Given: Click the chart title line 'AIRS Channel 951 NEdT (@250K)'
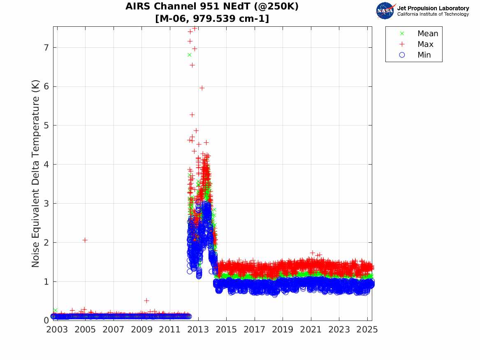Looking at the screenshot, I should click(x=212, y=7).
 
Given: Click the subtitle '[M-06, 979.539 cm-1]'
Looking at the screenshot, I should click(x=212, y=19).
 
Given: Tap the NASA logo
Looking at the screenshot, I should click(x=385, y=10).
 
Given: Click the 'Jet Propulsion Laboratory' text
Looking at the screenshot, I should click(x=433, y=8).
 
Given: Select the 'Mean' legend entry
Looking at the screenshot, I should click(x=428, y=34).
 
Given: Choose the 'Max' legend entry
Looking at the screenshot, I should click(x=425, y=44).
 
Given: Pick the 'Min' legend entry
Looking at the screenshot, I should click(x=424, y=55).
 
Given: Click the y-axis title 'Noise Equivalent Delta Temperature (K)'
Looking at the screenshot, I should click(x=36, y=173).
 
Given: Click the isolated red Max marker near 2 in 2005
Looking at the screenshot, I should click(x=85, y=240).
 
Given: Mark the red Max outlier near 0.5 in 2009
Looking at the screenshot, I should click(x=146, y=301).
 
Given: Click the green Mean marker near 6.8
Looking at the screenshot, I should click(x=189, y=55).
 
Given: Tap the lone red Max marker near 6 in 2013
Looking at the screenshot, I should click(x=202, y=88).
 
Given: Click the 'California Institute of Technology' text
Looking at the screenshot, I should click(x=433, y=14).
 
